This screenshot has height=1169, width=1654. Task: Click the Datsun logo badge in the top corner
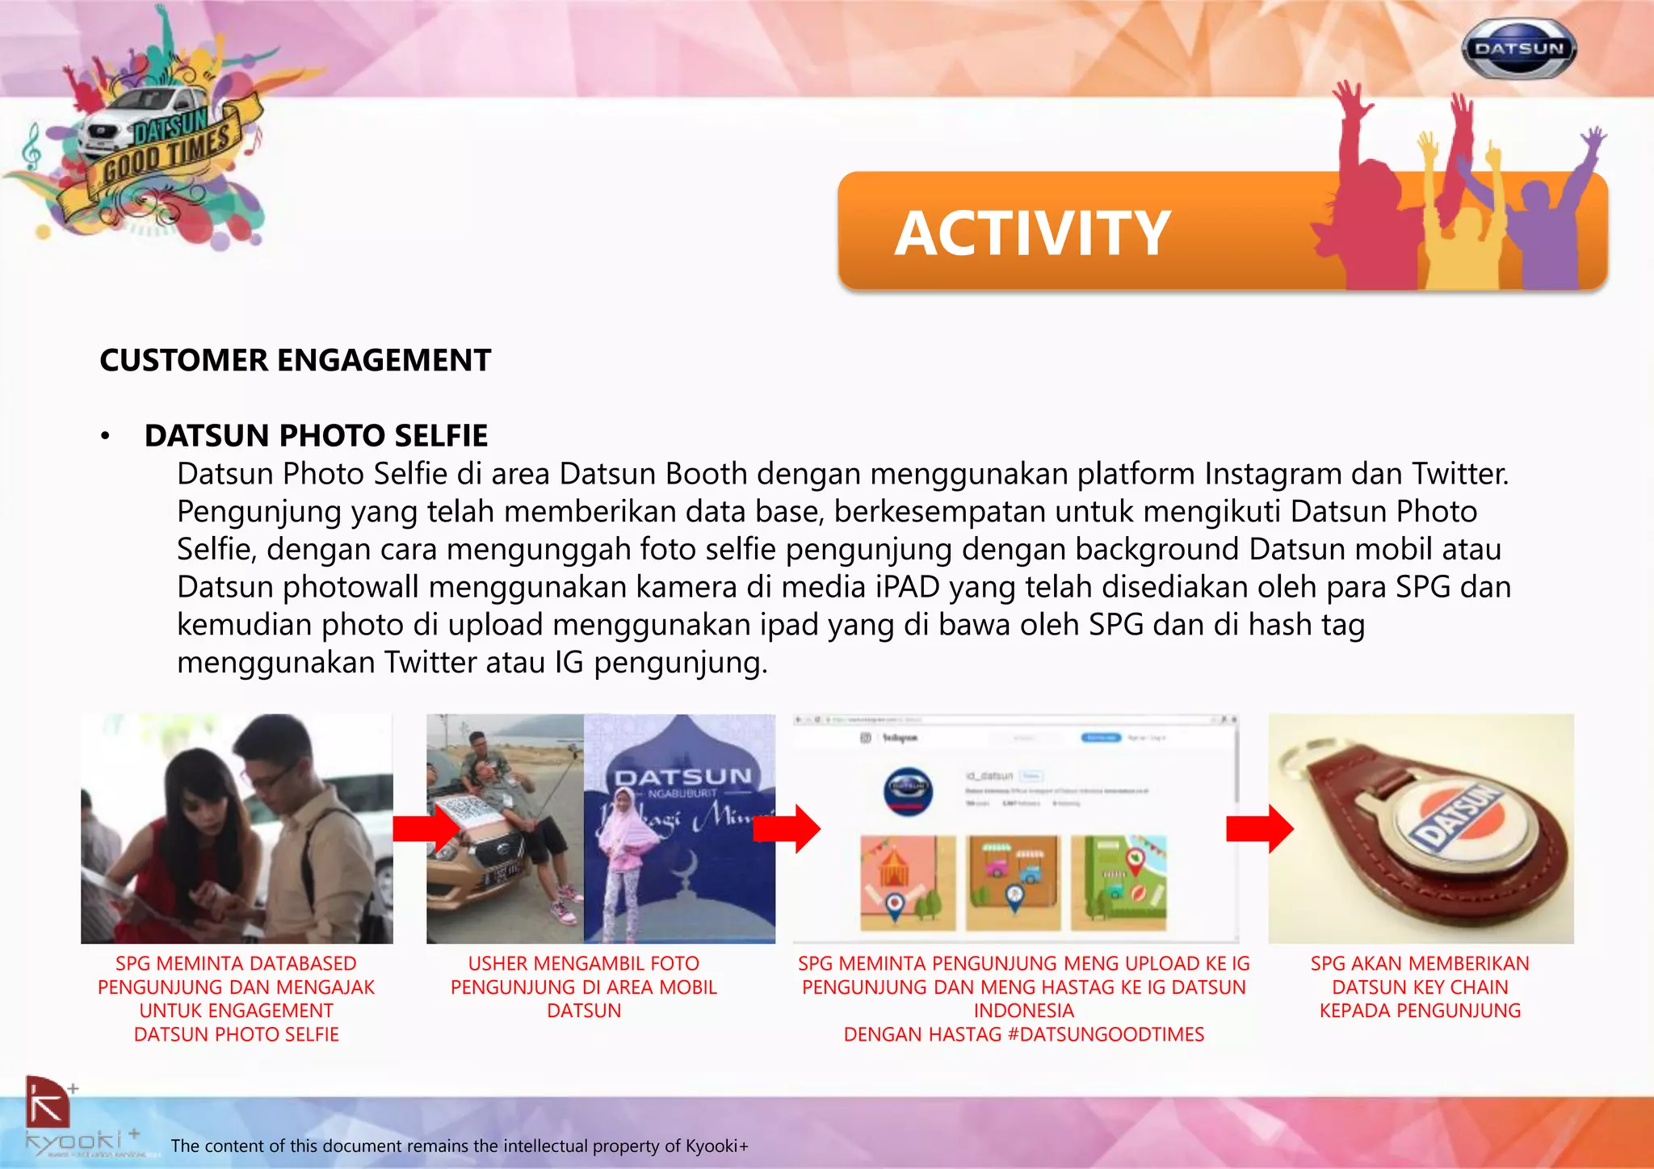pyautogui.click(x=1519, y=49)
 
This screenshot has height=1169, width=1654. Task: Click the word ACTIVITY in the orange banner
pyautogui.click(x=1032, y=233)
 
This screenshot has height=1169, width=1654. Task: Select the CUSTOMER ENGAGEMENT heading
pyautogui.click(x=295, y=360)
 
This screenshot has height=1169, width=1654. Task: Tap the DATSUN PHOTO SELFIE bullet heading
pyautogui.click(x=316, y=436)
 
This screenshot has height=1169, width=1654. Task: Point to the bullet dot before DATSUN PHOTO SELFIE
pyautogui.click(x=105, y=438)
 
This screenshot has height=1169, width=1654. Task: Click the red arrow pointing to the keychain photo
pyautogui.click(x=1259, y=828)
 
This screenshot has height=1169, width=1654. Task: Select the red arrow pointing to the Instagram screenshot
pyautogui.click(x=787, y=828)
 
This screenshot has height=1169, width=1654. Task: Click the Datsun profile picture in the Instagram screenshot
pyautogui.click(x=909, y=790)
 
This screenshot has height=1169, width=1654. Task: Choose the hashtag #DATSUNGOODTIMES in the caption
pyautogui.click(x=1106, y=1034)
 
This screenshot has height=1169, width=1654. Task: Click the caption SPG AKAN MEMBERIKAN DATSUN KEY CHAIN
pyautogui.click(x=1420, y=987)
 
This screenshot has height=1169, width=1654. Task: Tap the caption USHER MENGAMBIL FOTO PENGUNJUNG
pyautogui.click(x=583, y=987)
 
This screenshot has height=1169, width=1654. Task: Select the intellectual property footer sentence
pyautogui.click(x=460, y=1146)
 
